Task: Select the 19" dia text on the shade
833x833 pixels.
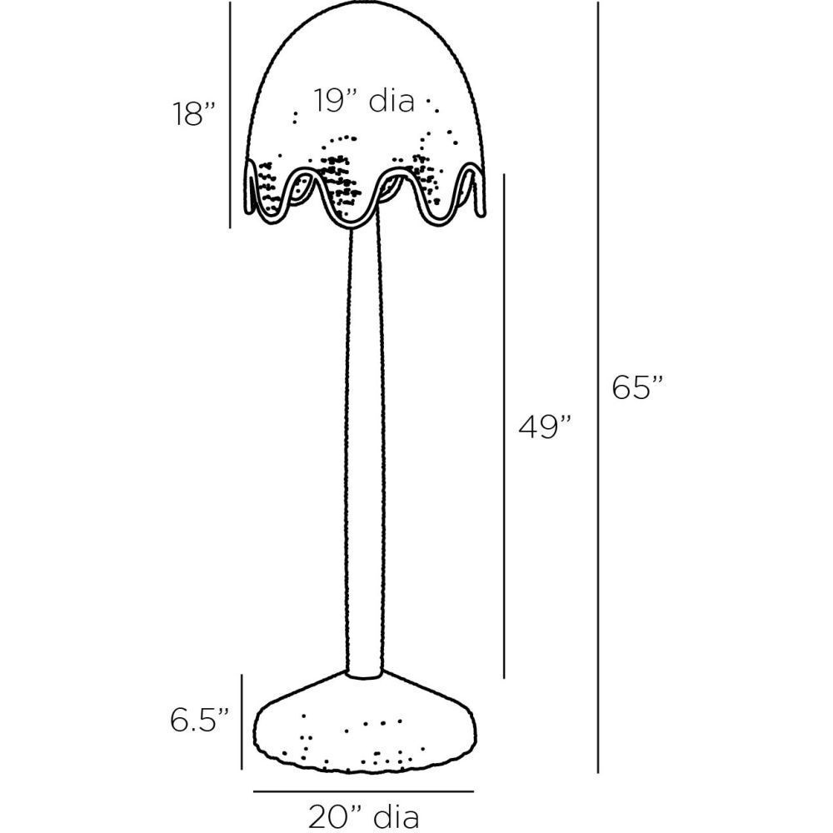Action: click(x=364, y=101)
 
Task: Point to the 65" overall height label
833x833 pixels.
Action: click(x=637, y=389)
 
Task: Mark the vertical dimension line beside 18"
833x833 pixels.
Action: click(x=230, y=114)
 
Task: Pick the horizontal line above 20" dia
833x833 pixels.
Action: click(x=363, y=791)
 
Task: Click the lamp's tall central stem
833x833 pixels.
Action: click(x=365, y=450)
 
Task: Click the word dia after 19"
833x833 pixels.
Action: click(x=391, y=101)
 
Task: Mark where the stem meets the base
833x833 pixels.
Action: click(x=365, y=673)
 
